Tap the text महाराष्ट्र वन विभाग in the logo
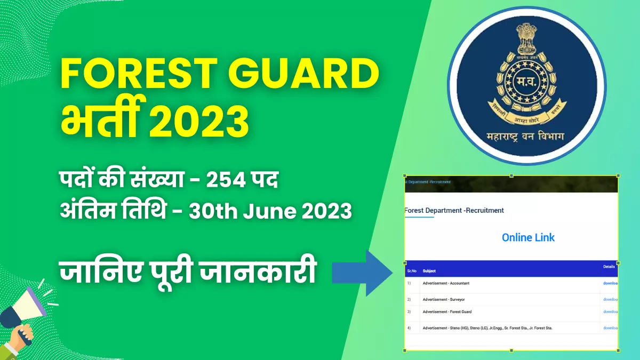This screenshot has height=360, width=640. click(x=526, y=138)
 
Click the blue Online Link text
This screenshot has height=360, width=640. click(x=528, y=237)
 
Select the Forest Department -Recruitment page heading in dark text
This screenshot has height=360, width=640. click(x=454, y=210)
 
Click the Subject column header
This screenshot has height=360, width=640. click(x=429, y=271)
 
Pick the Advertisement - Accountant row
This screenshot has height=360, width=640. click(x=446, y=283)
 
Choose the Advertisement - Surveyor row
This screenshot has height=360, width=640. click(x=444, y=300)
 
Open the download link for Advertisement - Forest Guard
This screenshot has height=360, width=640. click(x=610, y=311)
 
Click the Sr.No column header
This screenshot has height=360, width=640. click(x=412, y=271)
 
